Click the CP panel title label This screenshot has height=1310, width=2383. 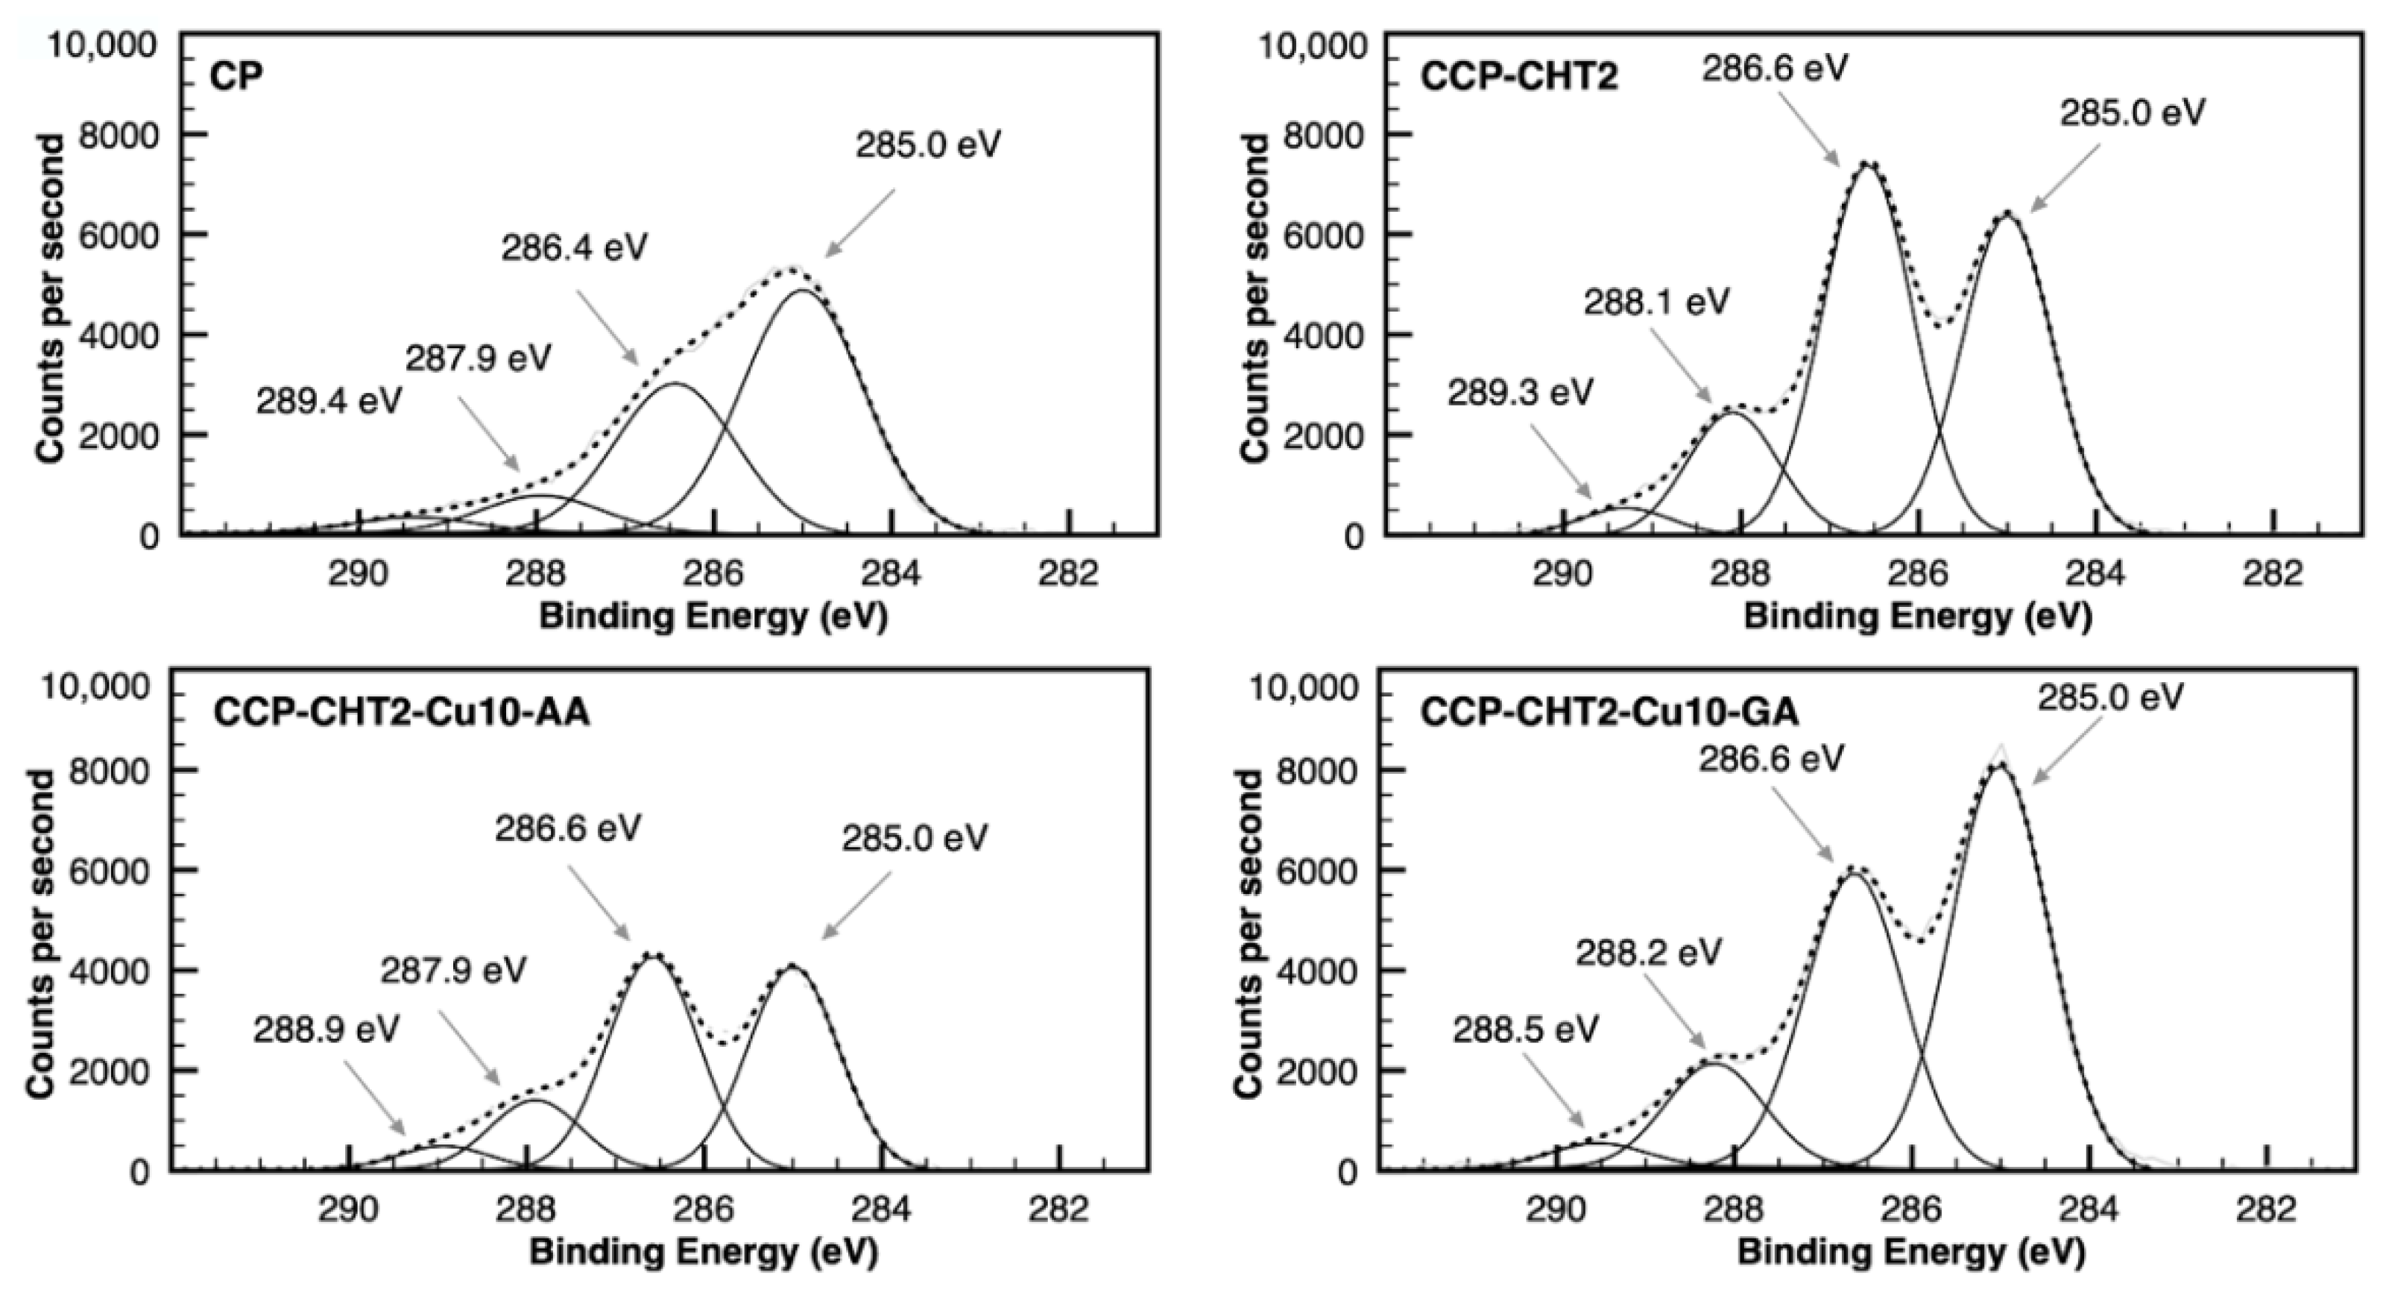[236, 77]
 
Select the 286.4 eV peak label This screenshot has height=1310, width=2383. [575, 248]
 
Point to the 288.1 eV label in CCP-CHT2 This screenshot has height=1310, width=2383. [1656, 302]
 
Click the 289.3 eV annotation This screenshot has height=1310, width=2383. [1521, 392]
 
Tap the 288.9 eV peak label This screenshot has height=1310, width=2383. [326, 1030]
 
